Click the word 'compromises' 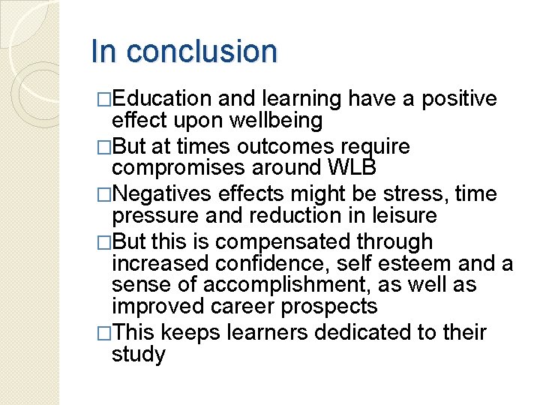click(176, 167)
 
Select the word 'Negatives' click(162, 194)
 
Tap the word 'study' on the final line click(138, 354)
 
